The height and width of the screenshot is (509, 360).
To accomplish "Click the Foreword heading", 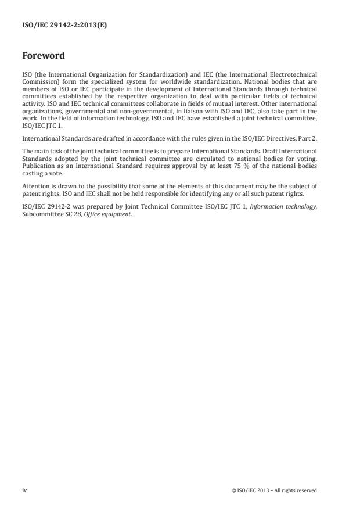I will pyautogui.click(x=44, y=56).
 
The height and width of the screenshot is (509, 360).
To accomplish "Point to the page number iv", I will pyautogui.click(x=24, y=490).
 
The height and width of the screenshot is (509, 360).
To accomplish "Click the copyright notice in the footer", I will pyautogui.click(x=273, y=490).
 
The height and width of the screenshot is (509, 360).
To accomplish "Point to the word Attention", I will pyautogui.click(x=35, y=186).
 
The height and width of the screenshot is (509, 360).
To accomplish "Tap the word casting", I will pyautogui.click(x=32, y=171).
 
